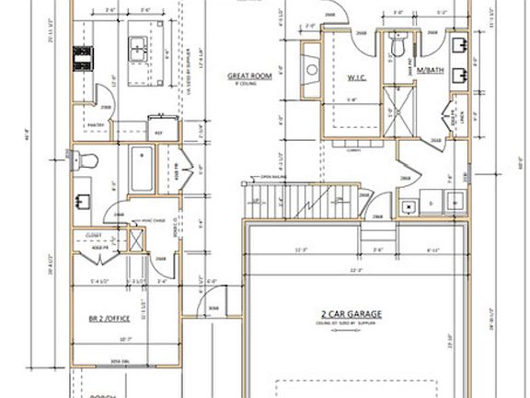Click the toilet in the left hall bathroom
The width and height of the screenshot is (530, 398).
pos(86,159)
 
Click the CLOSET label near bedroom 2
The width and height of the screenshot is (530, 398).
pos(93,235)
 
